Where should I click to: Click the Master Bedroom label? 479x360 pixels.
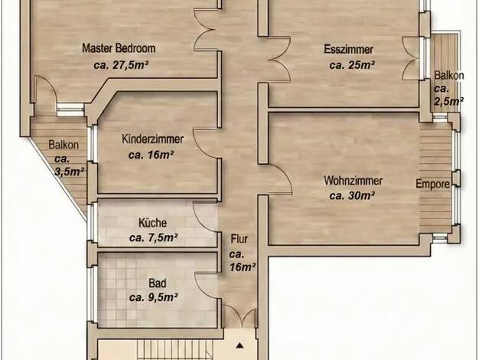click(x=119, y=48)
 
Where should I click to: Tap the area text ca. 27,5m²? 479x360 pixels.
click(x=121, y=65)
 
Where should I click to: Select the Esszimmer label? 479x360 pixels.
click(x=349, y=50)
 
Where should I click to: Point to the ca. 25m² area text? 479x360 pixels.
click(x=352, y=65)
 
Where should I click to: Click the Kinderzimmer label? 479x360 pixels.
click(x=152, y=139)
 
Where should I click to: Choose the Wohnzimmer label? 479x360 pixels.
click(x=353, y=181)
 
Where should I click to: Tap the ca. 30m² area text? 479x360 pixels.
click(x=352, y=195)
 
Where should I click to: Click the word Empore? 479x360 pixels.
click(x=432, y=184)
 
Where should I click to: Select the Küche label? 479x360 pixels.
click(x=152, y=223)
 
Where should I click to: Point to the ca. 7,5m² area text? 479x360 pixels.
click(x=153, y=237)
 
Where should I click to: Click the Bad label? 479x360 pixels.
click(x=158, y=283)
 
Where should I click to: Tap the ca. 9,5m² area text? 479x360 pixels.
click(x=153, y=297)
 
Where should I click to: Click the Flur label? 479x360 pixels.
click(x=239, y=239)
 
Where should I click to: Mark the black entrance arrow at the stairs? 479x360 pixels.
click(x=239, y=345)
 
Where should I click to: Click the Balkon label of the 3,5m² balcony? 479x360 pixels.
click(x=64, y=145)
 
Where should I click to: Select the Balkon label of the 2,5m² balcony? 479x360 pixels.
click(x=449, y=76)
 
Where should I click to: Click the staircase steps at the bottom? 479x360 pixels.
click(x=174, y=349)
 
